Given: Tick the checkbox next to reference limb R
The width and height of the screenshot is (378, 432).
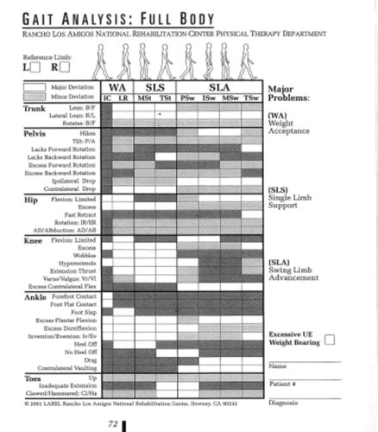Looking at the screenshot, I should point(64,67).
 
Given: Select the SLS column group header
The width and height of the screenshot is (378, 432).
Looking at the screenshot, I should point(154,87).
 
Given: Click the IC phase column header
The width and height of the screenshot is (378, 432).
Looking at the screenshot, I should point(107,98).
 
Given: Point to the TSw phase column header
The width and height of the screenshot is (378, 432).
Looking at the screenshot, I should point(251,98).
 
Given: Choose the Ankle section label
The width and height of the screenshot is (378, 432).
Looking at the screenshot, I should point(35,298).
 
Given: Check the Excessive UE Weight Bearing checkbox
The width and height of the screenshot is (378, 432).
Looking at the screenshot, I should point(329,340).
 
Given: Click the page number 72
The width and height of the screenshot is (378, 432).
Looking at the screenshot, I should point(112,423).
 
